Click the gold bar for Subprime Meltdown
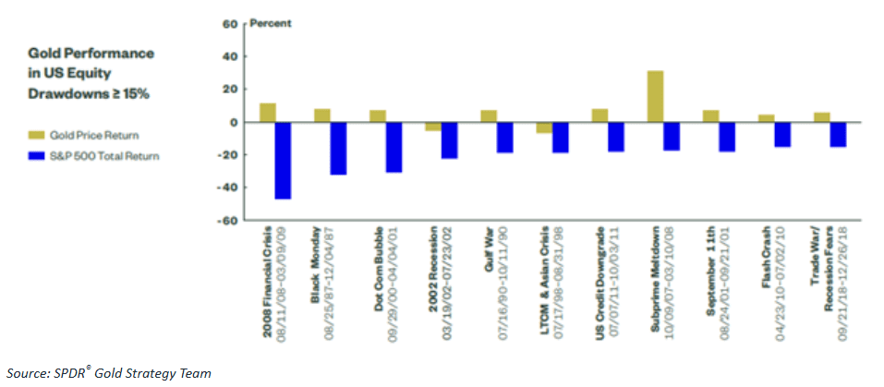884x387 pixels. (x=655, y=96)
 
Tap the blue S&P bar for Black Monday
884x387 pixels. (x=338, y=148)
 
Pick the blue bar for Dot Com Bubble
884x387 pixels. (x=394, y=147)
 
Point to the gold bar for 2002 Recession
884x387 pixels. (x=433, y=127)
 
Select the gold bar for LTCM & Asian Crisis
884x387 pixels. (x=544, y=127)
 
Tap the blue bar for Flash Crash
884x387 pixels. (x=782, y=134)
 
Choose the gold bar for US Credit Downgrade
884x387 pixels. (x=599, y=115)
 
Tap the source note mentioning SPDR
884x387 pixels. (x=106, y=373)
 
